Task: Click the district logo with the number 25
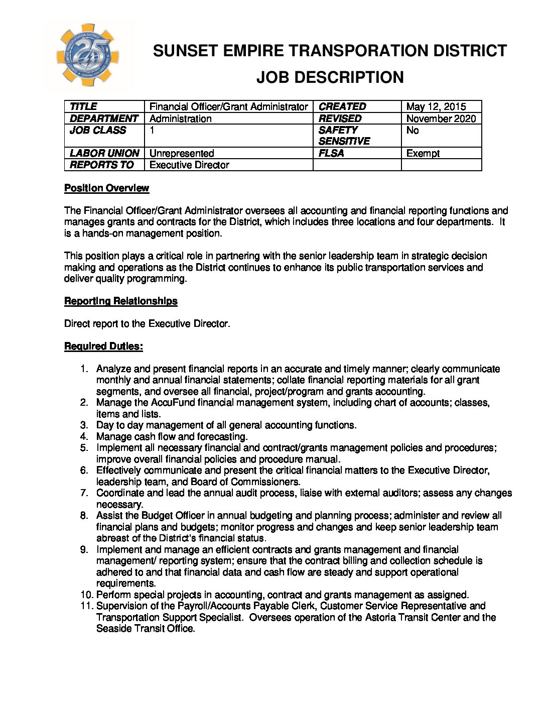point(88,56)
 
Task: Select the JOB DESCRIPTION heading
point(330,77)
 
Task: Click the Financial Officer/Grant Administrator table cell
point(228,106)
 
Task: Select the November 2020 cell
point(441,119)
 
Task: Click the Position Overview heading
point(106,188)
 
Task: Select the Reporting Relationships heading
point(120,301)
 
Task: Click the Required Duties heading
point(103,346)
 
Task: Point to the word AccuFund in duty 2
point(176,403)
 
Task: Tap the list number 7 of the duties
point(84,493)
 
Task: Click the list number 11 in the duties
point(86,606)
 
